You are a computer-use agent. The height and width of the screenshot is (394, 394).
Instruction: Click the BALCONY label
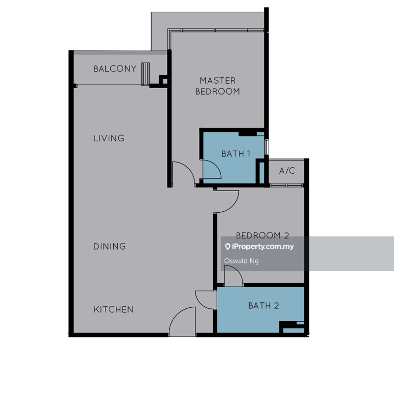(x=115, y=68)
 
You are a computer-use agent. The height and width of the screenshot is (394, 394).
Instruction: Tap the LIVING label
(x=109, y=138)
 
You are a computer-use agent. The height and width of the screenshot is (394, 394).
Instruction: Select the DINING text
(x=109, y=246)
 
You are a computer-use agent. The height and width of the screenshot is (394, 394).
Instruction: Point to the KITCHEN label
(x=113, y=309)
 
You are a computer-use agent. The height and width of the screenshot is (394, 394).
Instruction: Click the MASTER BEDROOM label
(x=218, y=86)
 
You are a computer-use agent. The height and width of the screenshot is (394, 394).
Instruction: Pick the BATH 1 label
(x=236, y=154)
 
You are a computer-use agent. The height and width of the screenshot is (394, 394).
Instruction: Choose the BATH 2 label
(x=263, y=305)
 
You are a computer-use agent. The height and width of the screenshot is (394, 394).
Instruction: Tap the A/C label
(x=287, y=170)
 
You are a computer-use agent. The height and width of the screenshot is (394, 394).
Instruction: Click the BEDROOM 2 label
(x=263, y=235)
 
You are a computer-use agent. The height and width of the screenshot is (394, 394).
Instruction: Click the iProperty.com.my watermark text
(x=263, y=247)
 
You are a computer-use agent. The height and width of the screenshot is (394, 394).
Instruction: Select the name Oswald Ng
(x=241, y=261)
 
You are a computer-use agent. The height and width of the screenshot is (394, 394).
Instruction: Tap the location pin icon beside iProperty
(x=228, y=247)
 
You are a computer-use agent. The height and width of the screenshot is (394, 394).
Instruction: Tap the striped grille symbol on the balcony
(x=145, y=74)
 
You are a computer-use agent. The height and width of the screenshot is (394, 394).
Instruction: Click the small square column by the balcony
(x=165, y=81)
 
